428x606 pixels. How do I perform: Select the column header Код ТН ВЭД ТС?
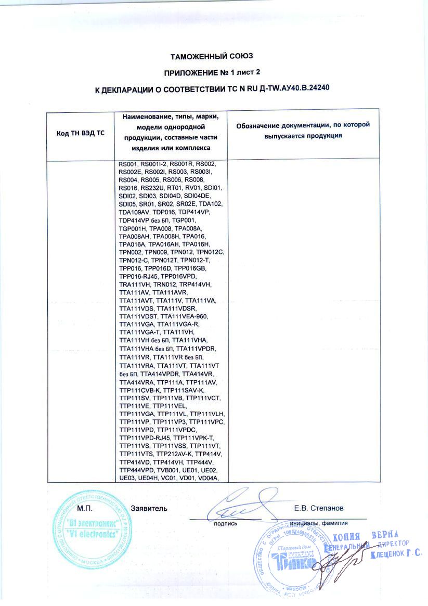pos(80,133)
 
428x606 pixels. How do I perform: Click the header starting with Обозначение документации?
pos(303,130)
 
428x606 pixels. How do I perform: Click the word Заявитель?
pos(149,508)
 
